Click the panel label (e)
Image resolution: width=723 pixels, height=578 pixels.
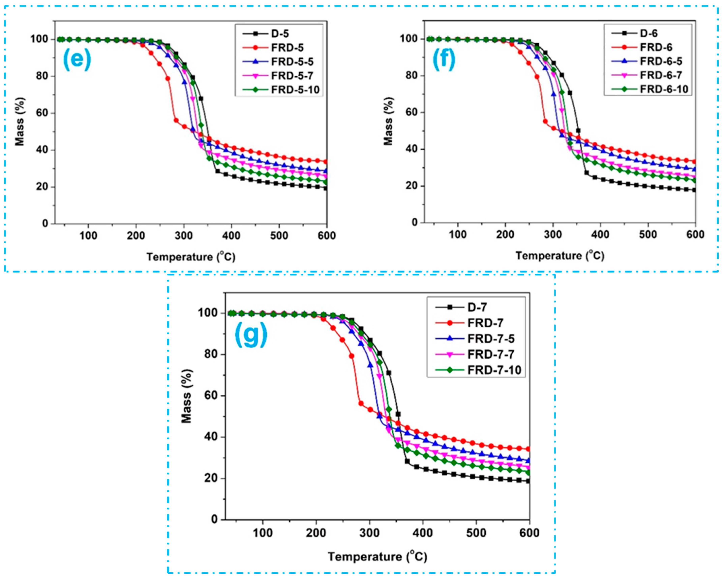[77, 59]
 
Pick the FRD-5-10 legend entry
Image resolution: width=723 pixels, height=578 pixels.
[295, 90]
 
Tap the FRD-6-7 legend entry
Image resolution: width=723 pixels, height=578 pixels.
[661, 75]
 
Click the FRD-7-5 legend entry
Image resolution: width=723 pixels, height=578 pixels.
[491, 339]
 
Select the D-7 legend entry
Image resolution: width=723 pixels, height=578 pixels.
[477, 307]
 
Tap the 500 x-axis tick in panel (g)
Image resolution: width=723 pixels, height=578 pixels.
[476, 533]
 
